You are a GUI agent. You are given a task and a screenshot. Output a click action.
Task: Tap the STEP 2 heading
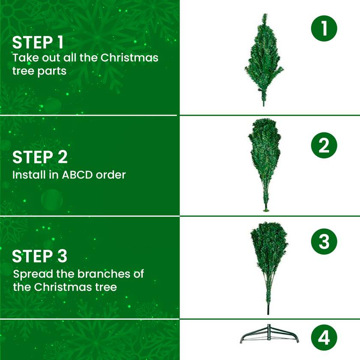coord(40,157)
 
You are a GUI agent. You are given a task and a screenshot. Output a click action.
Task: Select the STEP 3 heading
coord(39,256)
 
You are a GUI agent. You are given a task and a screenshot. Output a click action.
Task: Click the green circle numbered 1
coord(324,29)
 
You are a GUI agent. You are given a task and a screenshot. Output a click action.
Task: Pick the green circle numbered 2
coord(324,146)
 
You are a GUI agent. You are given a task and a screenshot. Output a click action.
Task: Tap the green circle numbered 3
coord(324,242)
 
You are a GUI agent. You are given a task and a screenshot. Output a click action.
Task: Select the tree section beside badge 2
coord(264,159)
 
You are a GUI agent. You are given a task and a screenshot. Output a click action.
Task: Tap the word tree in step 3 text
coord(105,287)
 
